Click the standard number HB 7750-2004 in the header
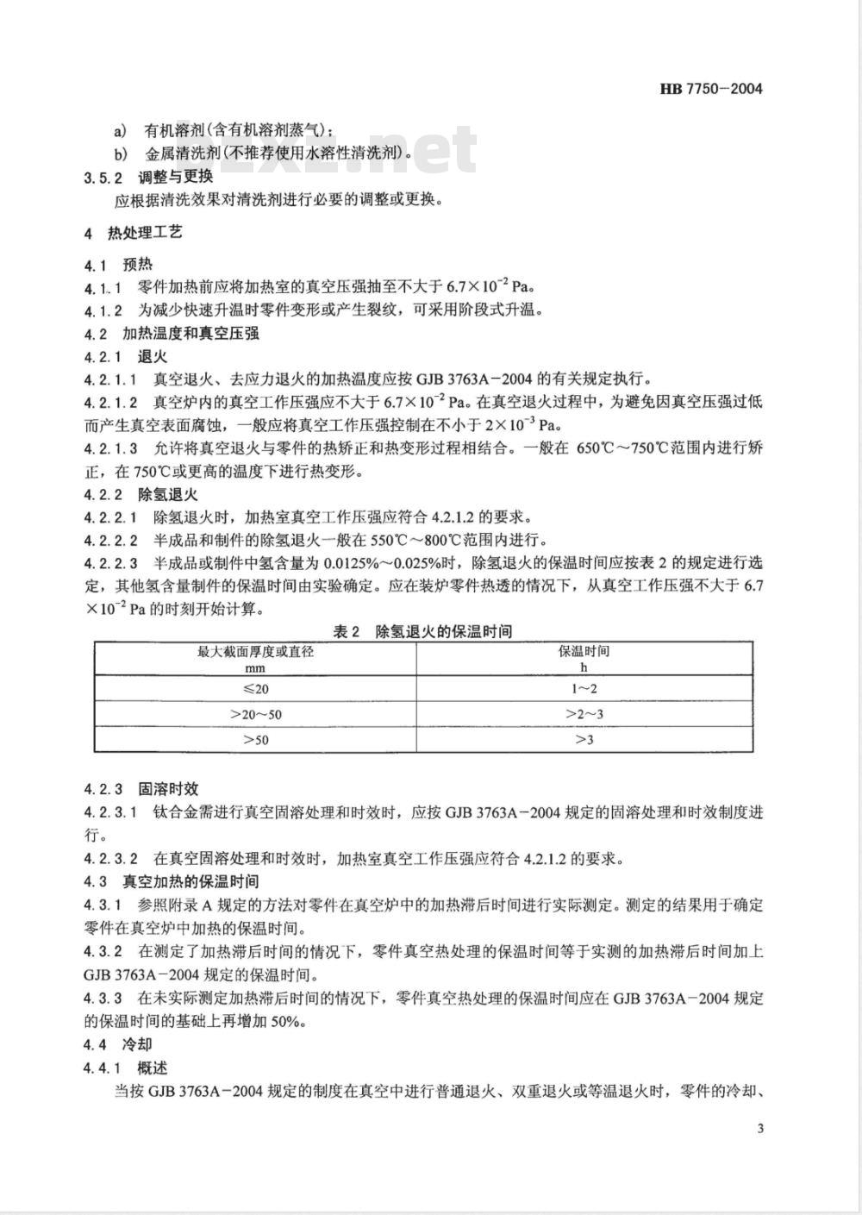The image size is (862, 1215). coord(710,89)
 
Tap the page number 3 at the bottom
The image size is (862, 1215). coord(759,1130)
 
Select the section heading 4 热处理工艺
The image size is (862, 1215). coord(133,233)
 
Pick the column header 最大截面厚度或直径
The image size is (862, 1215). coord(255,652)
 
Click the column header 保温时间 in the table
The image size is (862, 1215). coord(584,652)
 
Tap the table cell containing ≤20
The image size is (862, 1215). coord(255,688)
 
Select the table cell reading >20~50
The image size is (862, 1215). coord(255,714)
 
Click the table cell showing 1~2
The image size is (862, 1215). coord(584,688)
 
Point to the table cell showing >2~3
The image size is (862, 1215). coord(584,714)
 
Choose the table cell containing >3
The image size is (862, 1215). coord(584,740)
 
